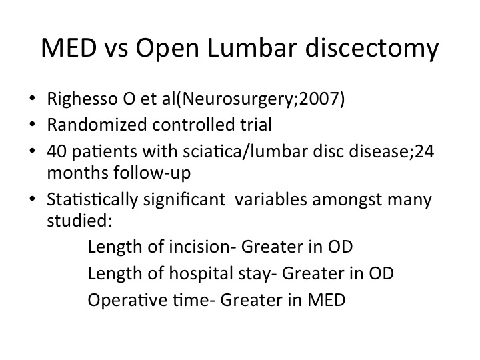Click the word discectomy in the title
click(372, 49)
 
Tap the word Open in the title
click(167, 49)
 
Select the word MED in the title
click(69, 48)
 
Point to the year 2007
click(319, 99)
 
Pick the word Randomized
click(97, 125)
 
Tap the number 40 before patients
click(57, 151)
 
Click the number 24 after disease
click(424, 151)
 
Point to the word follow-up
click(152, 173)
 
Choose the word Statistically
click(93, 200)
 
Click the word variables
click(271, 199)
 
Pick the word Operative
click(127, 300)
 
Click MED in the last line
click(326, 300)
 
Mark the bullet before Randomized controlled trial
click(33, 125)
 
